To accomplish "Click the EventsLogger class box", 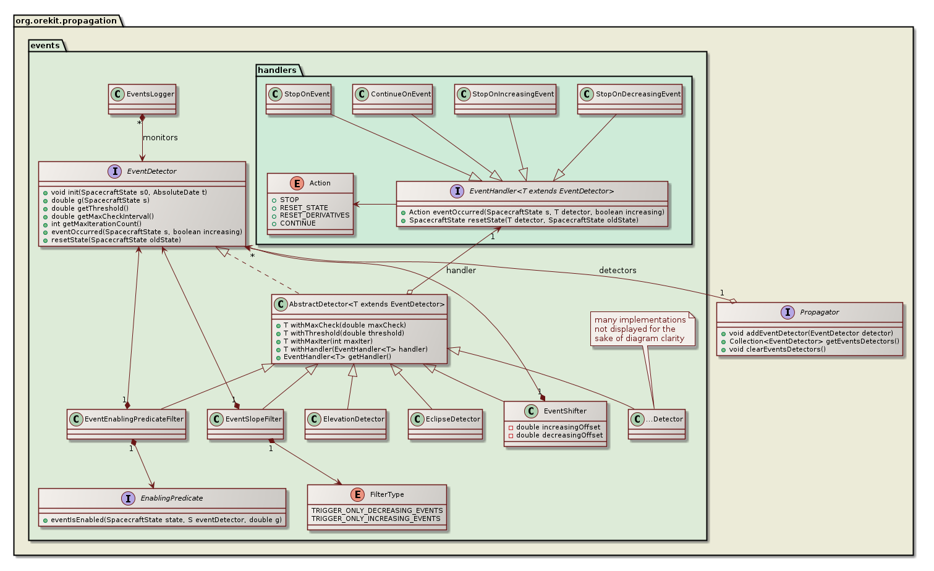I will point(142,99).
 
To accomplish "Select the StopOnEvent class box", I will point(299,99).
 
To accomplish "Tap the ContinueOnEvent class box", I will point(393,99).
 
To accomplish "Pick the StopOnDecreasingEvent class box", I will point(630,99).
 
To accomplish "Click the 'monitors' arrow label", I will point(160,138).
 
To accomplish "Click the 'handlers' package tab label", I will point(277,70).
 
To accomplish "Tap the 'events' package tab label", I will point(45,45).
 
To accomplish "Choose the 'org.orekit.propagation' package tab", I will point(66,20).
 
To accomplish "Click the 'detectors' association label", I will point(617,271).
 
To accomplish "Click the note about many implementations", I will point(640,329).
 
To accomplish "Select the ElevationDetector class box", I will point(346,424).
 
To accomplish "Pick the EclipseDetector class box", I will point(445,424).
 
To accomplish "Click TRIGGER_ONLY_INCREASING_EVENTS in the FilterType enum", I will point(376,518).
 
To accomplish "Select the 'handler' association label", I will point(461,271).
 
